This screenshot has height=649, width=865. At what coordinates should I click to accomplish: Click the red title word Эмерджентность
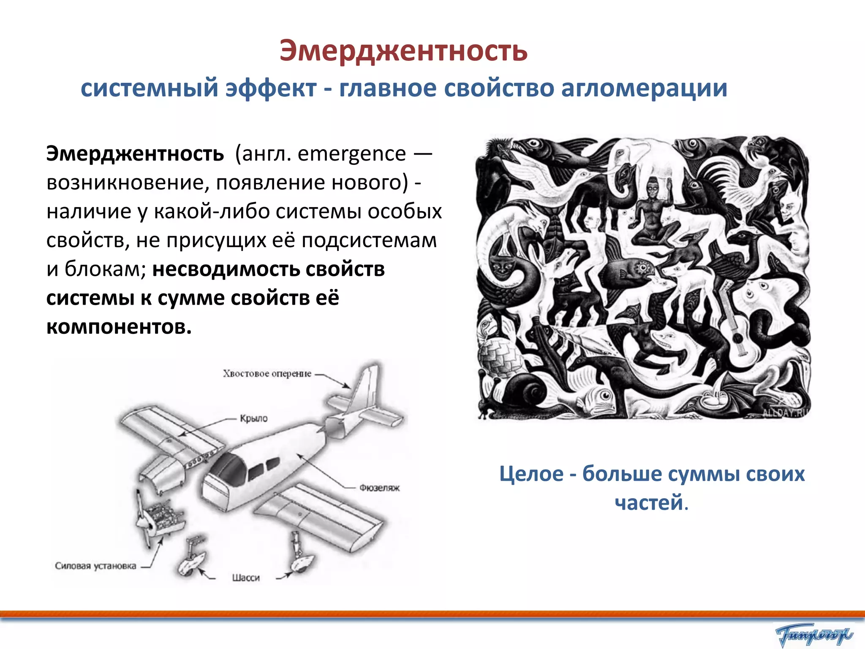pos(403,51)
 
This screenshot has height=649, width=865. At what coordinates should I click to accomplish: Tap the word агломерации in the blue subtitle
pos(644,88)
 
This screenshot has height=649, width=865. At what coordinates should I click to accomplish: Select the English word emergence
pos(351,153)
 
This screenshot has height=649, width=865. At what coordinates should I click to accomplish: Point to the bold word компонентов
pos(119,327)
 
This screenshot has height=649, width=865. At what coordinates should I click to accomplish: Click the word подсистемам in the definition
pos(369,240)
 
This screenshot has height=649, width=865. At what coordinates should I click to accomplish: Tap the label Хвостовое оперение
pos(267,374)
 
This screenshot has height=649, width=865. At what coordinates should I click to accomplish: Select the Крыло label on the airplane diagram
pos(254,418)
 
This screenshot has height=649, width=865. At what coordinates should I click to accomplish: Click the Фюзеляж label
pos(379,488)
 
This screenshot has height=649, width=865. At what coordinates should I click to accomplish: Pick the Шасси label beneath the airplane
pos(246,578)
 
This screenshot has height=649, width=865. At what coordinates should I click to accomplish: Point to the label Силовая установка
pos(95,566)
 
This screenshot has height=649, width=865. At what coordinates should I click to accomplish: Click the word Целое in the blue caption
pos(531,474)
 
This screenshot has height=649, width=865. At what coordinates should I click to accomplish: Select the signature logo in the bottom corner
pos(813,634)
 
